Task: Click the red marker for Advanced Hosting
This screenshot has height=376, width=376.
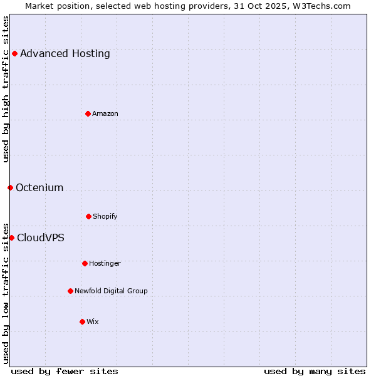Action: point(14,53)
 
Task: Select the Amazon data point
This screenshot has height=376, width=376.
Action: point(88,113)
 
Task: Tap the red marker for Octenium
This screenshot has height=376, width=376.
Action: point(10,187)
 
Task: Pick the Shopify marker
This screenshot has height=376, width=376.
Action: point(88,216)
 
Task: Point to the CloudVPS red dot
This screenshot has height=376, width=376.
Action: point(11,238)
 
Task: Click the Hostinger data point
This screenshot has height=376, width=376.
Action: point(85,263)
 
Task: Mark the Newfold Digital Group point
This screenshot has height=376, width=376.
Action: point(70,291)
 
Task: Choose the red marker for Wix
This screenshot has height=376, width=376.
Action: point(82,321)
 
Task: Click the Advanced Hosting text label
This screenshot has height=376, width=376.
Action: point(65,53)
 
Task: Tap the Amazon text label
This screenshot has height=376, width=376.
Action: point(105,113)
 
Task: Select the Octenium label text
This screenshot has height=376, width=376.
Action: point(39,187)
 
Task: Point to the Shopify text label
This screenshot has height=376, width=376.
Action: point(105,216)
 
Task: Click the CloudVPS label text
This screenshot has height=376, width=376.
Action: point(41,238)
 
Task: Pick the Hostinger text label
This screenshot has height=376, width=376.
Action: point(105,263)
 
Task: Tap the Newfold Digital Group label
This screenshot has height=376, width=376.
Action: point(112,291)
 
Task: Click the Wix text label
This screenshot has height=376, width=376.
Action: point(93,321)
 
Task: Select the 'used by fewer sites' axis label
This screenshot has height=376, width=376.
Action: point(65,371)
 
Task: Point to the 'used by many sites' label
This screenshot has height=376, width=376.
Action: point(315,371)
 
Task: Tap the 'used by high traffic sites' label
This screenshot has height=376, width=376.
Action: point(6,89)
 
